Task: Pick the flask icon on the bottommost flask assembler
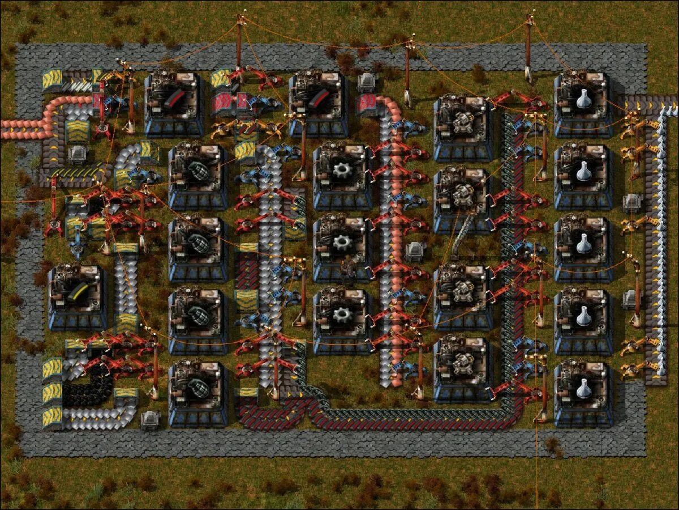coord(583,389)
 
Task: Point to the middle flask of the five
coord(583,244)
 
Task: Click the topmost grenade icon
coord(198,170)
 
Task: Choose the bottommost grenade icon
coord(198,388)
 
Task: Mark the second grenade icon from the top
coord(198,243)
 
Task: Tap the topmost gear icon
coord(342,170)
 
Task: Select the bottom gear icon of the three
coord(342,314)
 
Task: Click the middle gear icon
coord(342,243)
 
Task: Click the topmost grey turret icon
coord(463,121)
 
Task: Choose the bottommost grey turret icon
coord(463,363)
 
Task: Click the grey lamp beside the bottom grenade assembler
coord(150,419)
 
